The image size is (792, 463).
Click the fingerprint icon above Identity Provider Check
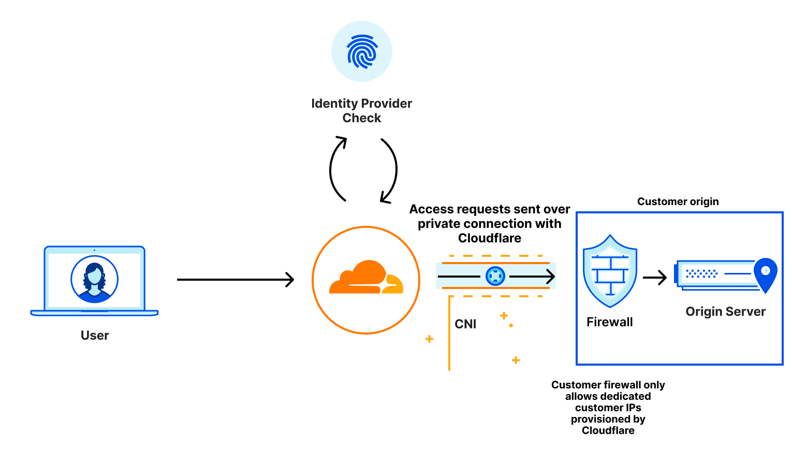362,51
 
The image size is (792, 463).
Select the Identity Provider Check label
361,111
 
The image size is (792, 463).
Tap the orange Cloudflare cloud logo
366,279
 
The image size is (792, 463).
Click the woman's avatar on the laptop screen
95,279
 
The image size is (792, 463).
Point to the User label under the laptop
95,336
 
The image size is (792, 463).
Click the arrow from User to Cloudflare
236,280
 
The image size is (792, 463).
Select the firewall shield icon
610,271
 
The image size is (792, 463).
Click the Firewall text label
609,322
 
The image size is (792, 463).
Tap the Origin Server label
725,312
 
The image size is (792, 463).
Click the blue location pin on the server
765,273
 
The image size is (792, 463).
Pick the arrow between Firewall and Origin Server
655,278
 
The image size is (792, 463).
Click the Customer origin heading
678,201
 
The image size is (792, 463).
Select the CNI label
465,324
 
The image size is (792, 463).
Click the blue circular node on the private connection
495,276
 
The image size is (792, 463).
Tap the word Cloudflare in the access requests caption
489,238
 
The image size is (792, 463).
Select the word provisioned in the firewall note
608,419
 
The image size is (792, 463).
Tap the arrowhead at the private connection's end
550,277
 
